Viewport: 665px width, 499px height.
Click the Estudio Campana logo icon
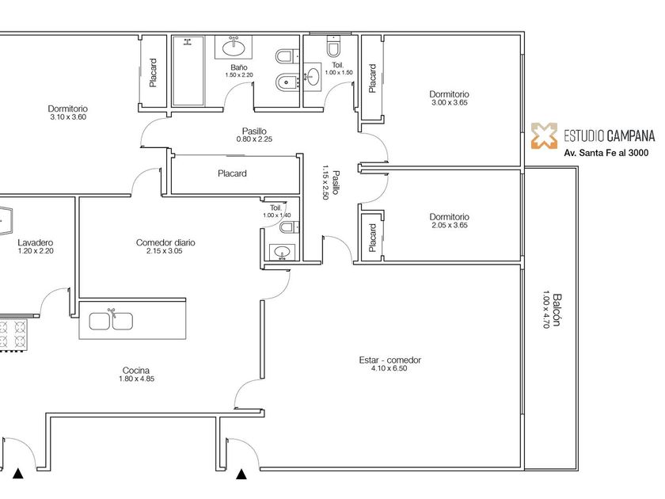545,135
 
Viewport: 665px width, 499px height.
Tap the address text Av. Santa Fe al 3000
606,153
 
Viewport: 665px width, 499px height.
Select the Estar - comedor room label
389,360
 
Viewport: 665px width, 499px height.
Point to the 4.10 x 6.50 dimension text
389,368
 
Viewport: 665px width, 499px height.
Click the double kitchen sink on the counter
111,321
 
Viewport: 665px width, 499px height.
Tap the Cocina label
135,371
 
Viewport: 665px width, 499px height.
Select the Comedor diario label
165,242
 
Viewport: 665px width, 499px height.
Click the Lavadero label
36,242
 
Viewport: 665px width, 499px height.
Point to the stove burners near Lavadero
13,333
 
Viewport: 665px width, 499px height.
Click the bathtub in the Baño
188,70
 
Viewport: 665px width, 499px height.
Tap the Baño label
239,67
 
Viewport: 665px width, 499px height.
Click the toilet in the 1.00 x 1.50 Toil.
334,47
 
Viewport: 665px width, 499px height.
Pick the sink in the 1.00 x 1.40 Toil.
282,252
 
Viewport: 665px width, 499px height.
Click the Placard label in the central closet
232,173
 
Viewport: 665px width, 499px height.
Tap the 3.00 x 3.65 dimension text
450,103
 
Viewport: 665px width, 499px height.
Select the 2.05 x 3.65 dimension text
450,225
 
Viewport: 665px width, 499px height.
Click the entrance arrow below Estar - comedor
241,474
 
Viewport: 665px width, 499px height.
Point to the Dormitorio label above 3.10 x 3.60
68,109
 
